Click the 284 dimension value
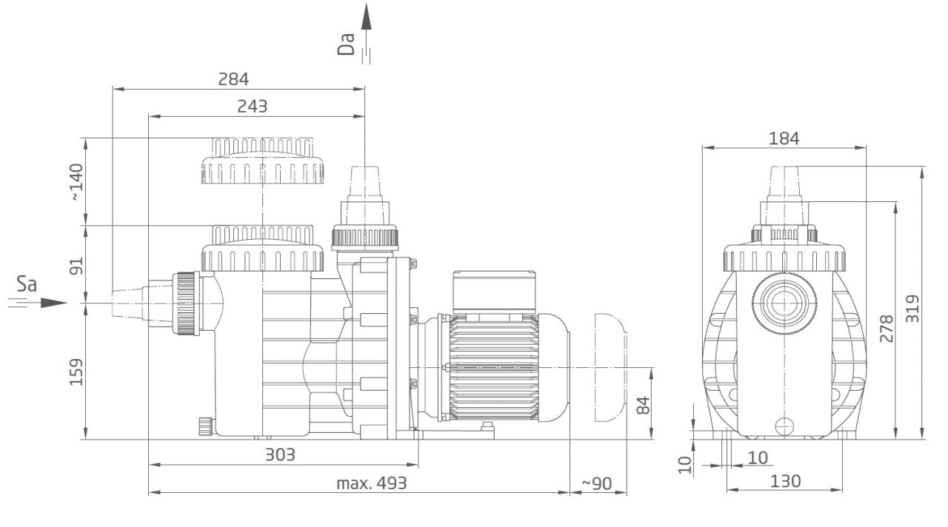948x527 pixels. (x=233, y=79)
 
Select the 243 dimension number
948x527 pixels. (x=253, y=106)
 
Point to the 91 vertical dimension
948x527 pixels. (x=76, y=266)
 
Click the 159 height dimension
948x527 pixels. (x=76, y=372)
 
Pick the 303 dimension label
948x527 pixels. (x=280, y=454)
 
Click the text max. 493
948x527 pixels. (x=371, y=483)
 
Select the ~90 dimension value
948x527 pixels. (x=597, y=483)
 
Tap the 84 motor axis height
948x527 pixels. (x=642, y=405)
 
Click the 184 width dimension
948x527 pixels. (x=784, y=138)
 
